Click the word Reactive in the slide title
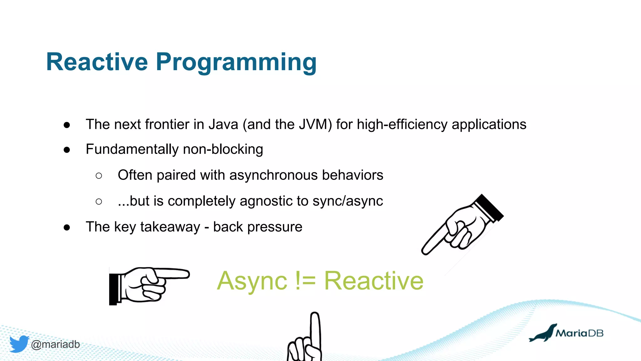(x=97, y=62)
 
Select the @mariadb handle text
(x=55, y=344)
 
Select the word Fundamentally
(x=132, y=149)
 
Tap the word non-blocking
(x=223, y=149)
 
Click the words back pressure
(x=258, y=227)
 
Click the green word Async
(x=252, y=281)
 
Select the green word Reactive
(x=374, y=280)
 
